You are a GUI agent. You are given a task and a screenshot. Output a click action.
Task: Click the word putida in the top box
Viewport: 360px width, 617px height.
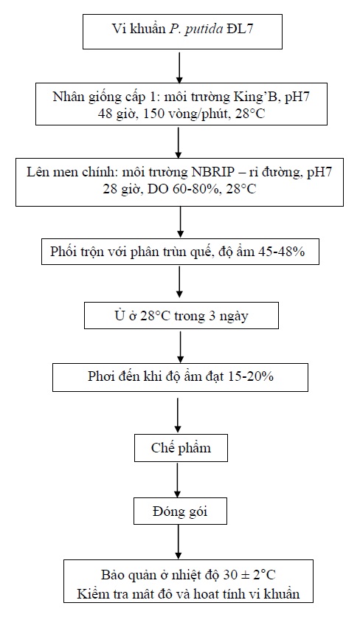[204, 30]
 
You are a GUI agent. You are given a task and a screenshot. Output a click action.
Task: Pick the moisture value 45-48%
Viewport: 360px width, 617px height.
[281, 252]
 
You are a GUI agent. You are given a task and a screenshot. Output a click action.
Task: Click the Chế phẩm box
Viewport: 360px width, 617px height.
[181, 448]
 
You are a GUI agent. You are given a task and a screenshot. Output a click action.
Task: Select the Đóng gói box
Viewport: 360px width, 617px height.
[180, 511]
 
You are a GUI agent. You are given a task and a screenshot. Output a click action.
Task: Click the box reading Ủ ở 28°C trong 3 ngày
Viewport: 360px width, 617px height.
[181, 316]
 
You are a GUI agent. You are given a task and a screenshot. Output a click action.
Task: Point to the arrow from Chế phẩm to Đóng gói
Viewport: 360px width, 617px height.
[178, 480]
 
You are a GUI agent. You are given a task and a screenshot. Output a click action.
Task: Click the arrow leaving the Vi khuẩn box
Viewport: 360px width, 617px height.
[179, 66]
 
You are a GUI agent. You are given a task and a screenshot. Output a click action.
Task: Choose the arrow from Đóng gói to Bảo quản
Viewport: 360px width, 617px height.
[178, 542]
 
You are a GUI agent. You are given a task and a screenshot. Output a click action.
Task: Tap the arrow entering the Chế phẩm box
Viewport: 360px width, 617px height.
[178, 413]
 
